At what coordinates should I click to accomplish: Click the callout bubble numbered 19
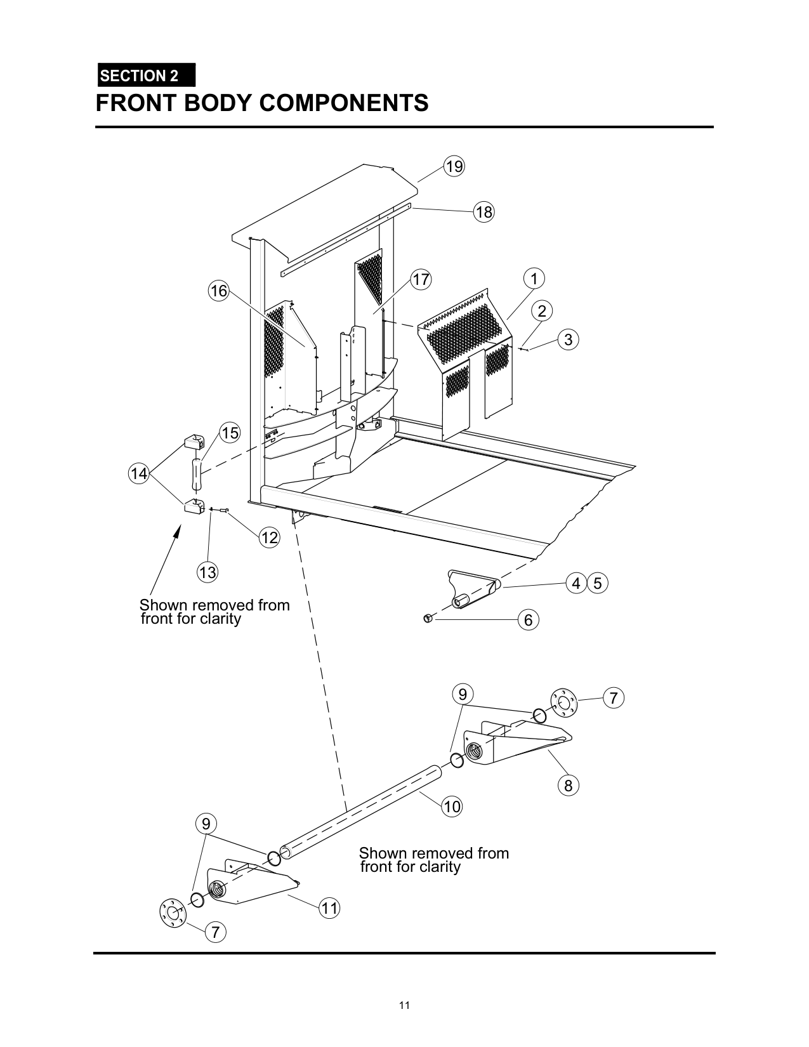[x=454, y=166]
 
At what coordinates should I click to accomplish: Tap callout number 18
[x=483, y=211]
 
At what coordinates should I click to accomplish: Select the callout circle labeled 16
[x=219, y=291]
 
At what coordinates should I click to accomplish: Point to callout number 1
[x=534, y=279]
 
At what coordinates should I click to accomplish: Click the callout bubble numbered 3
[x=568, y=339]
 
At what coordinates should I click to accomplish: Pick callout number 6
[x=528, y=619]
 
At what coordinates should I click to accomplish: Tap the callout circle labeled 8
[x=568, y=786]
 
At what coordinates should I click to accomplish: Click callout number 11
[x=329, y=908]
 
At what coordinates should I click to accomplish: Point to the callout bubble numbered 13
[x=207, y=572]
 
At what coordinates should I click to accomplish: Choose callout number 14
[x=139, y=473]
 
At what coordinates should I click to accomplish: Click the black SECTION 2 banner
[x=147, y=75]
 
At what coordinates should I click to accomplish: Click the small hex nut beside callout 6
[x=426, y=617]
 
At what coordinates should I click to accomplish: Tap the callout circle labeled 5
[x=598, y=584]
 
